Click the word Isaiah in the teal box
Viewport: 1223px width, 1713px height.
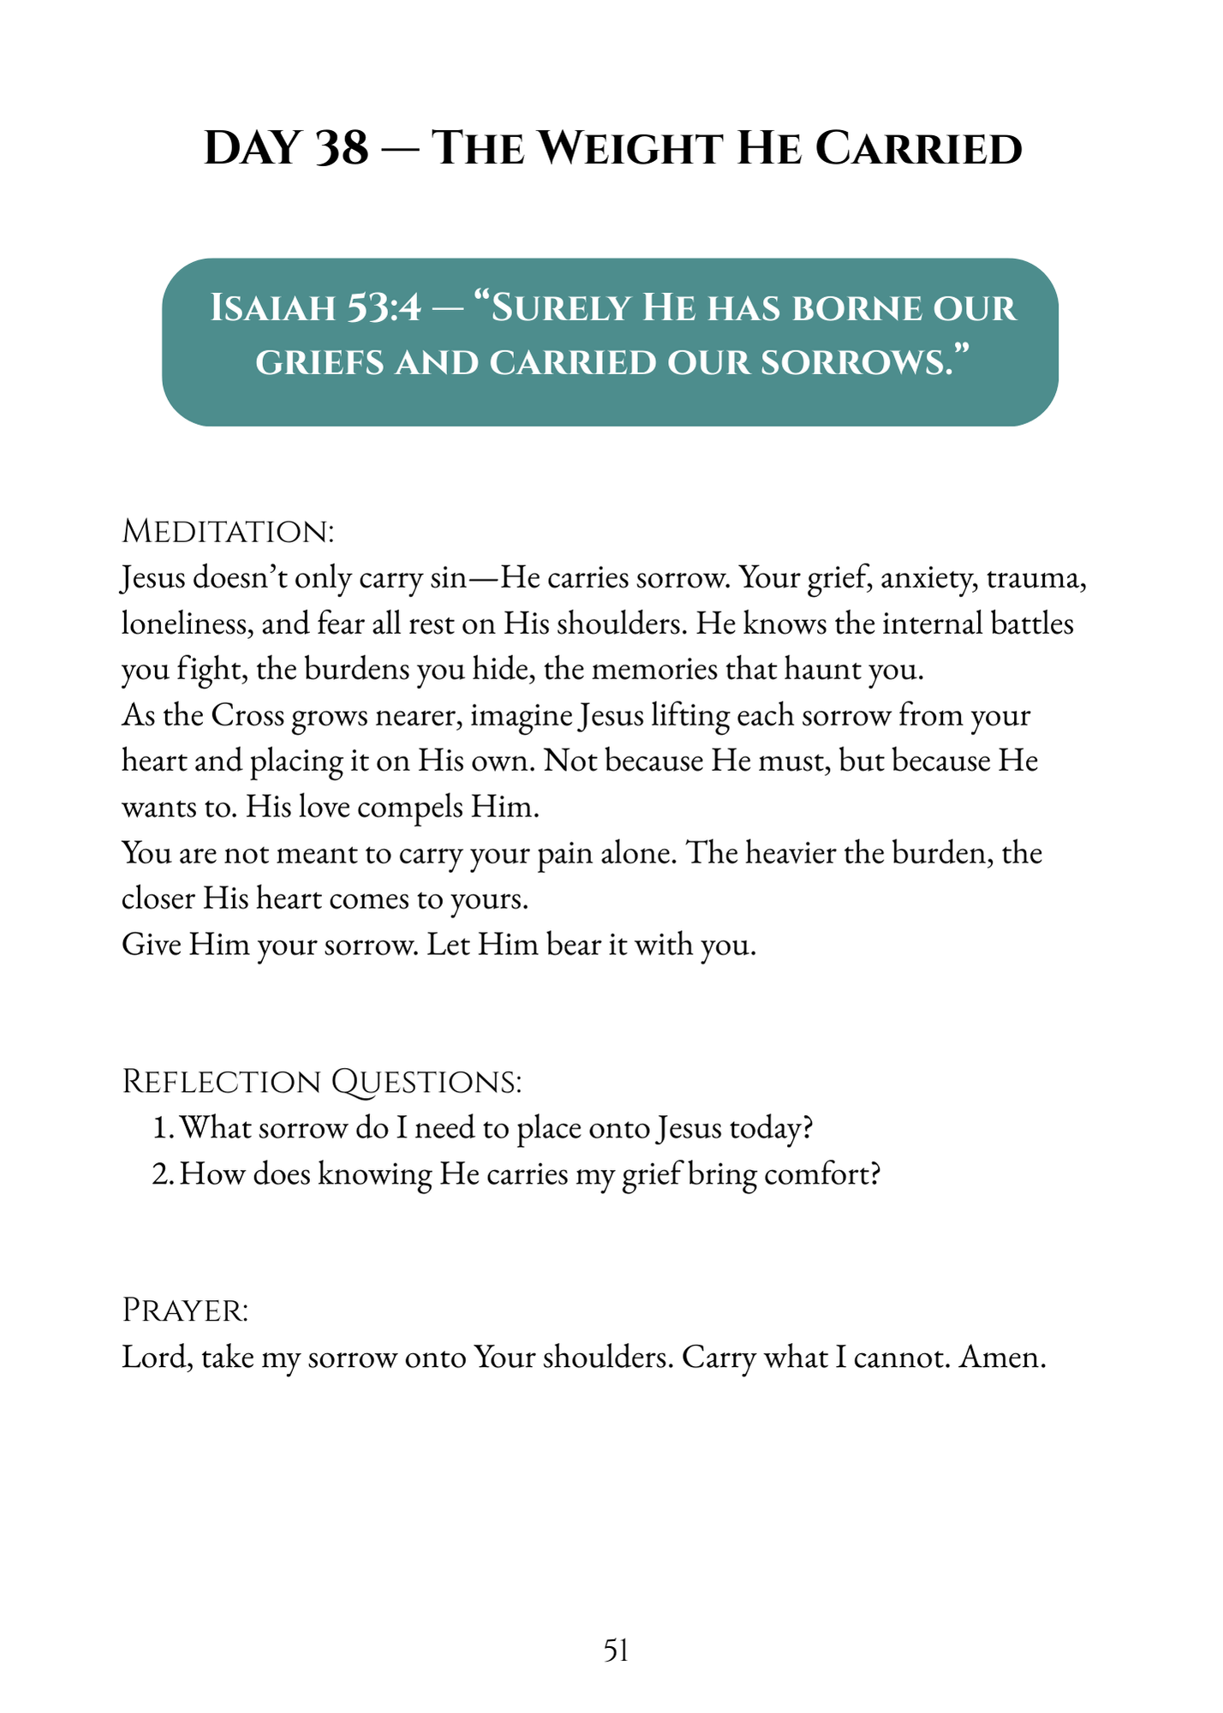pyautogui.click(x=272, y=307)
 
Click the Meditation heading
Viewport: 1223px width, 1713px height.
pyautogui.click(x=228, y=531)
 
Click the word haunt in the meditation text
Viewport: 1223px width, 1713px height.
pyautogui.click(x=810, y=669)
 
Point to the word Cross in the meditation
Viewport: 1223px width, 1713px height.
pyautogui.click(x=248, y=715)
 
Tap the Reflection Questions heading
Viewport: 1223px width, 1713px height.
pyautogui.click(x=321, y=1082)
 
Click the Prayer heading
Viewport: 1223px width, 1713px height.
pyautogui.click(x=186, y=1310)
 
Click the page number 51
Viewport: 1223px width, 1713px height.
pyautogui.click(x=617, y=1650)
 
